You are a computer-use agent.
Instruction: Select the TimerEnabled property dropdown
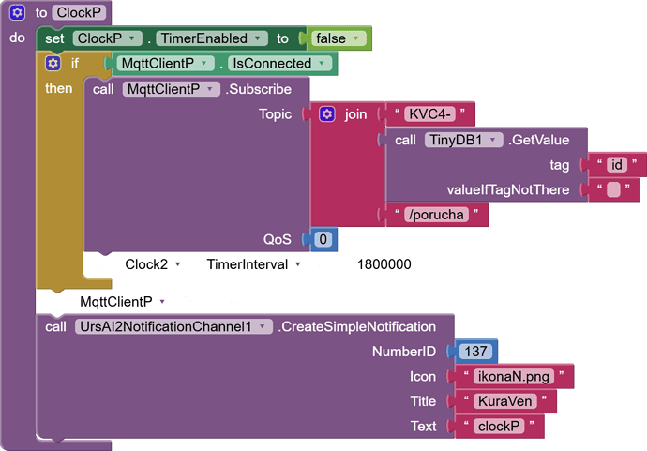click(x=209, y=38)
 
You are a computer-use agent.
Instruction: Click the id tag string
click(x=616, y=165)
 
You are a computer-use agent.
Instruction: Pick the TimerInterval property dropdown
click(x=255, y=264)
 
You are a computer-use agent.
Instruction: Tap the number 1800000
click(x=384, y=264)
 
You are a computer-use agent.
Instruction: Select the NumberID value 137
click(x=476, y=352)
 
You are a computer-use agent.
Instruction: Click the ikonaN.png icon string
click(x=512, y=377)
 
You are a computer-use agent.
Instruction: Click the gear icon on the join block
click(x=326, y=114)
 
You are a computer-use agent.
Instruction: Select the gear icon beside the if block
click(x=53, y=64)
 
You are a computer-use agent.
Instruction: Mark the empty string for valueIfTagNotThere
click(x=613, y=190)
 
